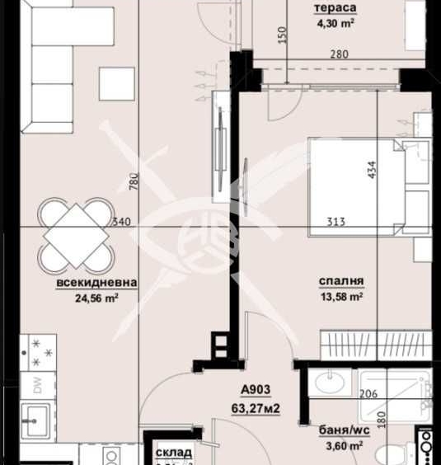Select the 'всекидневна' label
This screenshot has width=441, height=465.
tap(96, 283)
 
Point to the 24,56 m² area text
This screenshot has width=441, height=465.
tap(96, 298)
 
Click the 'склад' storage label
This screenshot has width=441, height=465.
tap(174, 453)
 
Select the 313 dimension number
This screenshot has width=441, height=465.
tap(335, 221)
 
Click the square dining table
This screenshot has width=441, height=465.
tap(77, 234)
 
